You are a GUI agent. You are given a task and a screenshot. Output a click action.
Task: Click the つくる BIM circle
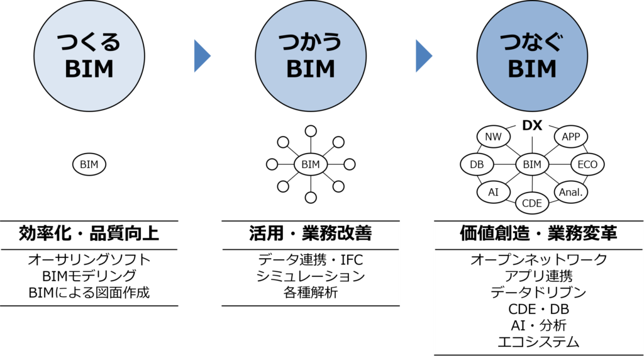point(89,56)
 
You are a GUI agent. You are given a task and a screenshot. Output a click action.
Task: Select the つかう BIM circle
point(311,56)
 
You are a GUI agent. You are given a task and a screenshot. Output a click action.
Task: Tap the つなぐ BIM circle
point(532,56)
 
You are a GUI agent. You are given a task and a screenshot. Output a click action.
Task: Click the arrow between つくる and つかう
point(201,56)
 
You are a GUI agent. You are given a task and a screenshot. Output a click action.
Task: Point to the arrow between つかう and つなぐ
point(423,56)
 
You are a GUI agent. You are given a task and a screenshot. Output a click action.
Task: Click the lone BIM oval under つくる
point(89,165)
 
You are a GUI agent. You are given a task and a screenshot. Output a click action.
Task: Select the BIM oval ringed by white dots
point(311,165)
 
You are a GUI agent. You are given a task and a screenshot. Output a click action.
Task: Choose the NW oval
point(493,137)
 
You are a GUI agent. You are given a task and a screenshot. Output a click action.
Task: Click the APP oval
point(571,137)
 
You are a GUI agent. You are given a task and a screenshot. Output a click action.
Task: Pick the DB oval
point(477,165)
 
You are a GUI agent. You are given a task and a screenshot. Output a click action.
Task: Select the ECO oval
point(587,165)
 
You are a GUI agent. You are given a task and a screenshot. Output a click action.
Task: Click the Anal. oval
point(570,192)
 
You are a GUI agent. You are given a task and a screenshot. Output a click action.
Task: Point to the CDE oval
point(532,203)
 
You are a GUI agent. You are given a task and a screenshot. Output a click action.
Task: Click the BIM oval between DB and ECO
point(532,165)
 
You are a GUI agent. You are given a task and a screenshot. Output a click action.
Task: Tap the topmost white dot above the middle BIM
point(311,131)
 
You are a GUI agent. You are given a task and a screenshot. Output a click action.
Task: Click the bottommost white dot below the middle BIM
point(311,198)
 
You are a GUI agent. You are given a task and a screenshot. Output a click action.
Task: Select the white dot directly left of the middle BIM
point(272,164)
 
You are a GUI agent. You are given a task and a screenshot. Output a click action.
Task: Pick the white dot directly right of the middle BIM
point(350,164)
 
